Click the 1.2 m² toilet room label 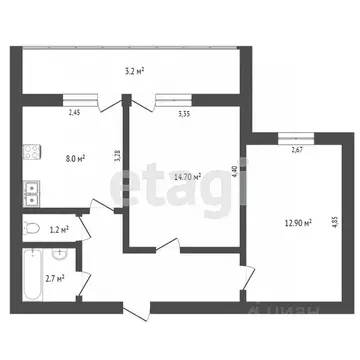[x=60, y=230]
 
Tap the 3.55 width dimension [x=184, y=112]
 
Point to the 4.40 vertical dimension [x=234, y=170]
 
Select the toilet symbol [x=33, y=228]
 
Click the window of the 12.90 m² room [x=292, y=138]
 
